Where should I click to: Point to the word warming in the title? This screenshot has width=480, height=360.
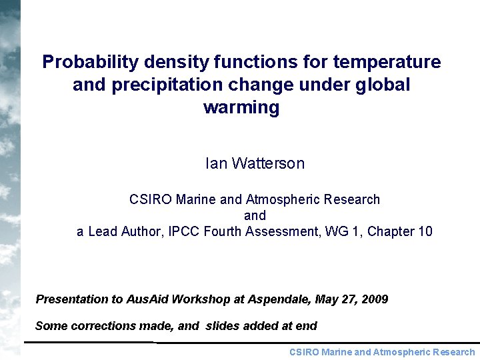(x=241, y=107)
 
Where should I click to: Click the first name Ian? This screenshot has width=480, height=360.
(x=217, y=163)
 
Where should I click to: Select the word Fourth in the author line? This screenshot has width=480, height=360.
(x=225, y=231)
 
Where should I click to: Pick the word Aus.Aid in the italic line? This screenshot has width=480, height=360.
(x=147, y=299)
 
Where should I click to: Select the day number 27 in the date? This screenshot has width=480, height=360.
(x=347, y=299)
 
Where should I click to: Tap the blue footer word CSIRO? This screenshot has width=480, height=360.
(x=303, y=352)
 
